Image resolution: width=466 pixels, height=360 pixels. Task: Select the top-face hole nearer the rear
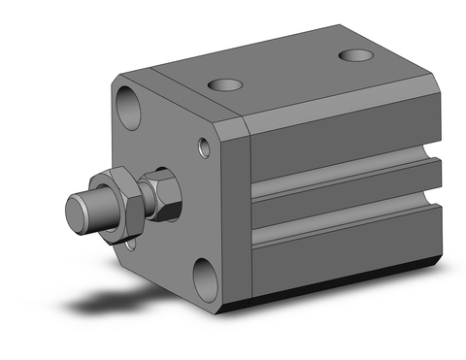[354, 53]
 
